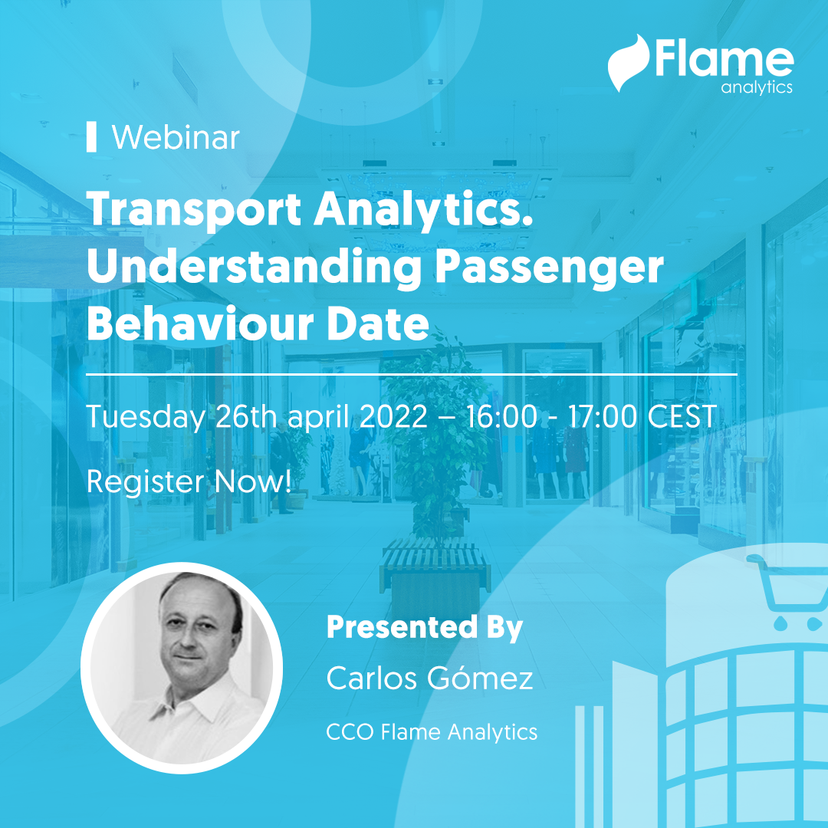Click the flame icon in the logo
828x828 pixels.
(628, 63)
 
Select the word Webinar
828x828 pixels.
(176, 138)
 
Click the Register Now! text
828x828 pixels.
(189, 481)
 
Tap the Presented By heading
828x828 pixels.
(424, 627)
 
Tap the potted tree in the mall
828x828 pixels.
(434, 429)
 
